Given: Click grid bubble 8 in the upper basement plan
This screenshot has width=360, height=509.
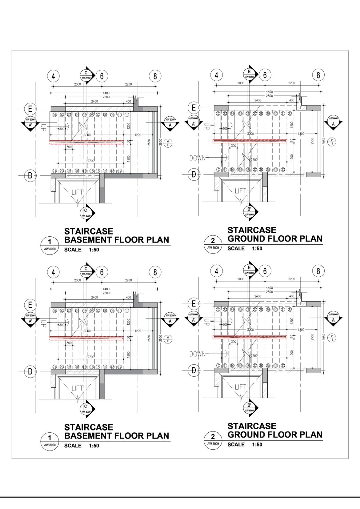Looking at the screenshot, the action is pos(155,76).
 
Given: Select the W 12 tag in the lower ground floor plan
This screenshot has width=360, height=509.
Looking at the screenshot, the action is pos(332,337).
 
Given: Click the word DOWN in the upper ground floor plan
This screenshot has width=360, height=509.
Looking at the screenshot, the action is pos(197,158).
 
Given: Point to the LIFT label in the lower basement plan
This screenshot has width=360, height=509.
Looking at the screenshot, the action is pos(77,388).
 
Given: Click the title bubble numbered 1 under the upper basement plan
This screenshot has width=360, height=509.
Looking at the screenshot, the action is pos(49,245).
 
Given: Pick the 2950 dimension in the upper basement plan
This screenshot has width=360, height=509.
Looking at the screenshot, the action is pos(160,142).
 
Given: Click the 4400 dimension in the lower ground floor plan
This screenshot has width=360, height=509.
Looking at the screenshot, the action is pos(269,288).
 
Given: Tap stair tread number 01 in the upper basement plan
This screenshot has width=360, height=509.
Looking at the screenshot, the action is pos(54,115).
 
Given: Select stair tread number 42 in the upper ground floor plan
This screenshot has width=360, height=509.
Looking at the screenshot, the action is pos(218,170).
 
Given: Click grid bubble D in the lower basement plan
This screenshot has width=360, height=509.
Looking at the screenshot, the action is pos(30,371).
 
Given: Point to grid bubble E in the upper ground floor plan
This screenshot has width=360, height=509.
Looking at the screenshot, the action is pos(194,108).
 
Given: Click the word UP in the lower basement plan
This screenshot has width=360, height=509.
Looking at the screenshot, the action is pos(43,323).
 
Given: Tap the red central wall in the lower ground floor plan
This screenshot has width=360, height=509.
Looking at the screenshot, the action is pos(250,337).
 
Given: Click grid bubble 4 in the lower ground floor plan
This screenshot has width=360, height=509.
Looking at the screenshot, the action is pos(217,271).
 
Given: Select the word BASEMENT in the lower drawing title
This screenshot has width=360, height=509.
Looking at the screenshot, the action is pos(88,436).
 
